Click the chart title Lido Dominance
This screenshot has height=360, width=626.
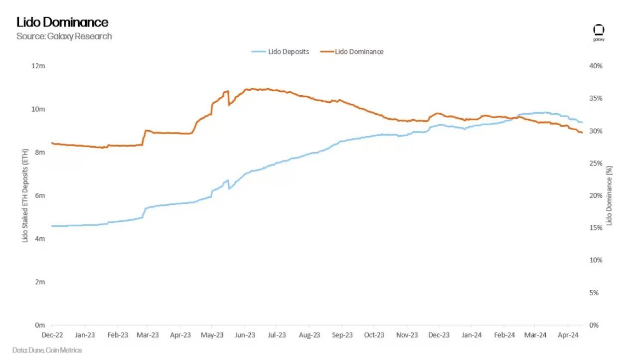(62, 22)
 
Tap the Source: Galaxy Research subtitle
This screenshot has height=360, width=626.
(64, 36)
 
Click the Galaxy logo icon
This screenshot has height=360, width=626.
(599, 30)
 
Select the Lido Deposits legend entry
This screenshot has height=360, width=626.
(280, 51)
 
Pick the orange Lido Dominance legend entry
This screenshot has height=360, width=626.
(352, 51)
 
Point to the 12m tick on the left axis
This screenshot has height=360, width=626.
(39, 66)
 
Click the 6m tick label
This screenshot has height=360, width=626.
(40, 195)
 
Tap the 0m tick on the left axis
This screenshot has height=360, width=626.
(40, 325)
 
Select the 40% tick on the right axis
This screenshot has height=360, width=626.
(596, 66)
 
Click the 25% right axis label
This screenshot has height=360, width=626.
(596, 163)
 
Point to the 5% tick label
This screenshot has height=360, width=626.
(598, 293)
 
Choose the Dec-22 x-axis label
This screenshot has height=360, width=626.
(52, 335)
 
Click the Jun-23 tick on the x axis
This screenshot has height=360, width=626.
(245, 335)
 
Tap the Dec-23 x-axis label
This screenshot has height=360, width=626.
(439, 335)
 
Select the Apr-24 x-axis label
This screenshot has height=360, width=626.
(568, 335)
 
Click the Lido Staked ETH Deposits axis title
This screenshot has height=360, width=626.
(25, 195)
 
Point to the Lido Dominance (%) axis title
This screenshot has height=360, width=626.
(609, 195)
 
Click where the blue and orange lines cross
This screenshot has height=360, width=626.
(516, 117)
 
